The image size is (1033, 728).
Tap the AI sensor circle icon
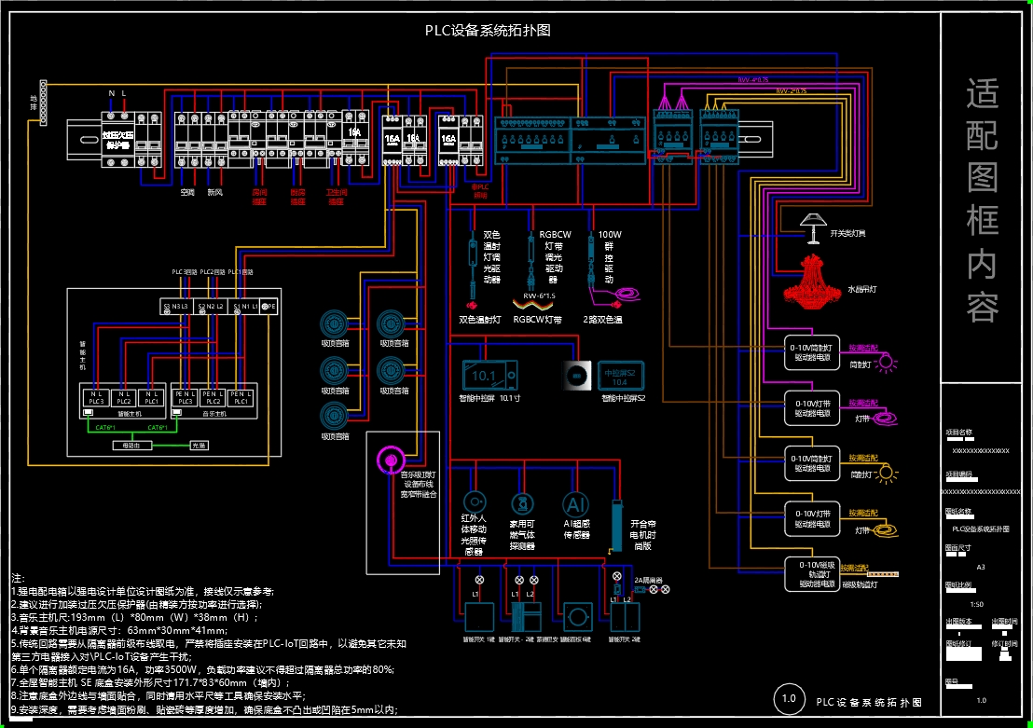(x=575, y=504)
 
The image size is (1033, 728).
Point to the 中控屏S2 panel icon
(x=621, y=376)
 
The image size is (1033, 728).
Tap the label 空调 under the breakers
(x=187, y=192)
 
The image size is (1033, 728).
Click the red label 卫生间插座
(x=337, y=196)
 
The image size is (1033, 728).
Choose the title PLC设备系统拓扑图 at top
(x=488, y=30)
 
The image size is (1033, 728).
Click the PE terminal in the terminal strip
(x=268, y=306)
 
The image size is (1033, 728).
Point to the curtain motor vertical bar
(x=615, y=528)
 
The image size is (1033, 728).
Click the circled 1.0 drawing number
(x=789, y=699)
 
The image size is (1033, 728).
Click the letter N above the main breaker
(x=111, y=93)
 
